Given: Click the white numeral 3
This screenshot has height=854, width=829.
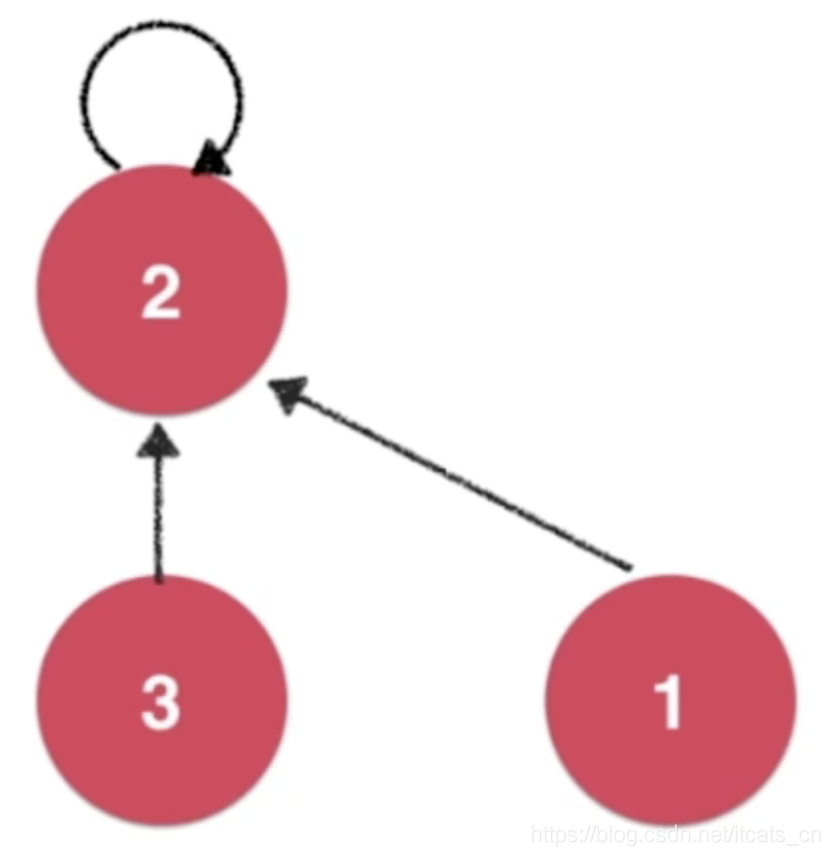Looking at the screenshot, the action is (161, 703).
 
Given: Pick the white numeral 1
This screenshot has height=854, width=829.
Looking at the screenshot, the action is (669, 703).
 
